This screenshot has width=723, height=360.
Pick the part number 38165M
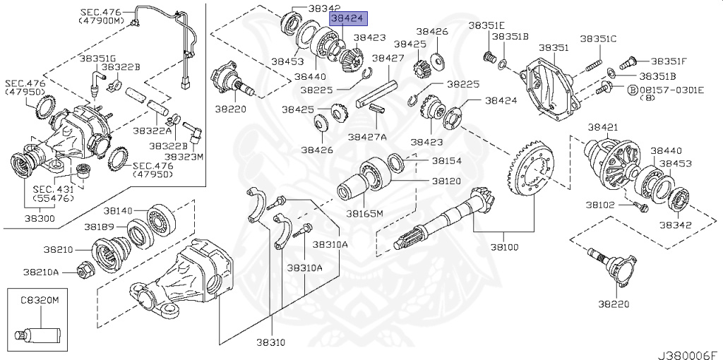pos(364,213)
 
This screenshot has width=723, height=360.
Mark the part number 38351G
pos(98,59)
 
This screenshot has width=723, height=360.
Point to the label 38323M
pos(184,156)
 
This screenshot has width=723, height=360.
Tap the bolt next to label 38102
pos(640,207)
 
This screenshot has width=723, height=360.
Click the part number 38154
pos(446,161)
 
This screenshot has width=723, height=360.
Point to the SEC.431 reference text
pos(53,189)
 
